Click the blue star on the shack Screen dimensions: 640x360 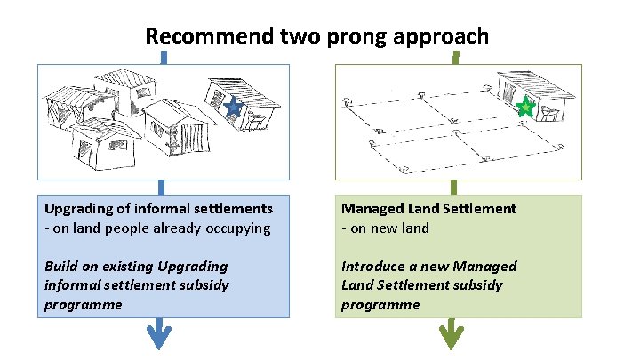click(x=232, y=108)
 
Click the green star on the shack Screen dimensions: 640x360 click(x=525, y=108)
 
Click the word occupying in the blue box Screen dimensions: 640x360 click(x=238, y=228)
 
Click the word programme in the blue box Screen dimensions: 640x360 click(x=83, y=305)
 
